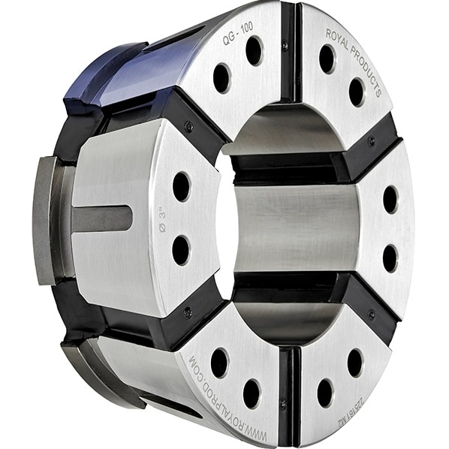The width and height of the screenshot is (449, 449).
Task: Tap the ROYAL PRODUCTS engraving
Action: coord(357,61)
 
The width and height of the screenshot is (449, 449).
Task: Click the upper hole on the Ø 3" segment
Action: coord(181,185)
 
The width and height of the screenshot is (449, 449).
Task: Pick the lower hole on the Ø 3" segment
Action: coord(181,250)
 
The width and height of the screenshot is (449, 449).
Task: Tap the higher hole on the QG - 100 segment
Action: coord(254,50)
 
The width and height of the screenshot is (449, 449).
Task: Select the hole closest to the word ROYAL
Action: coord(327,59)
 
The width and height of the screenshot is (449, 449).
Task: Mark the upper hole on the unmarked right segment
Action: coord(390,200)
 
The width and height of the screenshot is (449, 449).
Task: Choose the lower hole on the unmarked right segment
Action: coord(390,258)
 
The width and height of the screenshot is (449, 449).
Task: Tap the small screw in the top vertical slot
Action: coord(285,46)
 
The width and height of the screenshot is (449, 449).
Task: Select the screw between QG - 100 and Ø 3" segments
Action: coord(188,127)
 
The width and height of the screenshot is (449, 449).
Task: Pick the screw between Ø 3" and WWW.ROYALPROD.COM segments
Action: coord(187,312)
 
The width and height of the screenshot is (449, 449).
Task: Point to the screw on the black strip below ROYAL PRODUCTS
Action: coord(371,140)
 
